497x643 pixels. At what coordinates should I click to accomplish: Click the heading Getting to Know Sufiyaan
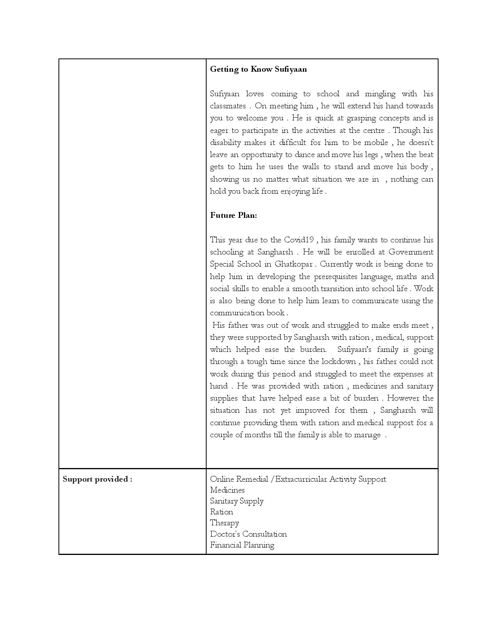258,69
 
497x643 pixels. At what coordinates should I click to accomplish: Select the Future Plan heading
233,216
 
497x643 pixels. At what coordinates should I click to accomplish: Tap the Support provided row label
97,479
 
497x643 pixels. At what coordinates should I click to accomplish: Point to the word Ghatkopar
293,264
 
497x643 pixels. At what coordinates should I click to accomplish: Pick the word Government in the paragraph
411,252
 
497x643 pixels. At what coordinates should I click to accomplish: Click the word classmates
228,106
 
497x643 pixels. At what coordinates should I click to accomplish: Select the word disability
225,143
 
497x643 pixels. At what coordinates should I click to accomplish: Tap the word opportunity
262,155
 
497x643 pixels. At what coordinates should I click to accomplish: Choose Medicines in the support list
227,490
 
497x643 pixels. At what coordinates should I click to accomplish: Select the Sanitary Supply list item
237,501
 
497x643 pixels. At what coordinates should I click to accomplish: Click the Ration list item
221,512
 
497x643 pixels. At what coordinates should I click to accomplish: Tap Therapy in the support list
225,523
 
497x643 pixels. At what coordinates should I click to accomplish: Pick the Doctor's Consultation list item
248,534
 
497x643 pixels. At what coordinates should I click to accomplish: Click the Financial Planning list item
242,545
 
